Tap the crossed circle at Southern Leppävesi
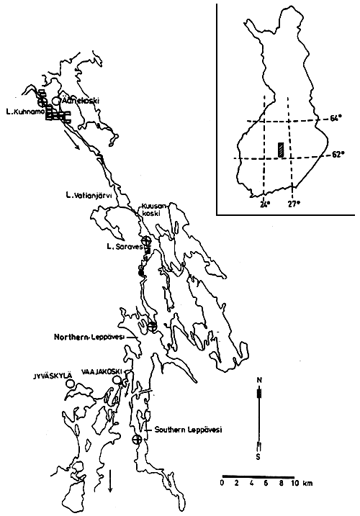pyautogui.click(x=137, y=439)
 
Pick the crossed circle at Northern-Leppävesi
pyautogui.click(x=152, y=326)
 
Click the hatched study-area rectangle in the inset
pyautogui.click(x=277, y=150)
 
